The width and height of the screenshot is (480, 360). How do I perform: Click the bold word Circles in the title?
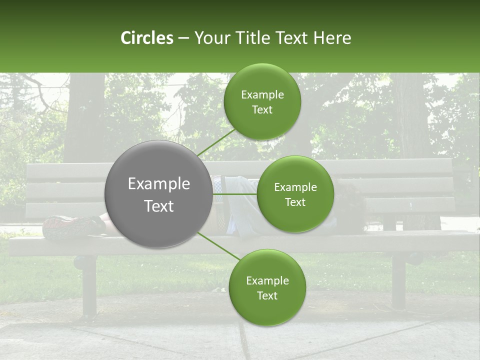tap(146, 38)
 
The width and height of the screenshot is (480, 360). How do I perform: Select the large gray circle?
tap(158, 194)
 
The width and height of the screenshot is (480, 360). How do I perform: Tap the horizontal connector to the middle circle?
tap(234, 194)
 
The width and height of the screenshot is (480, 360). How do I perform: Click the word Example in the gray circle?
tap(158, 183)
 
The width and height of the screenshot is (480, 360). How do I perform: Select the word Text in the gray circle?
tap(158, 205)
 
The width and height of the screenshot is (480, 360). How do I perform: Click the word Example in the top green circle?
tap(262, 94)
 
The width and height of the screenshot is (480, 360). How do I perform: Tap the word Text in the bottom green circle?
tap(267, 295)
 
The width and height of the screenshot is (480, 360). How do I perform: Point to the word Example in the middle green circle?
tap(295, 187)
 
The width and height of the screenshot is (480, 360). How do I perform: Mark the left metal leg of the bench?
tap(88, 285)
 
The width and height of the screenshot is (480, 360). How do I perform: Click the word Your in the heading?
tap(212, 38)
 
